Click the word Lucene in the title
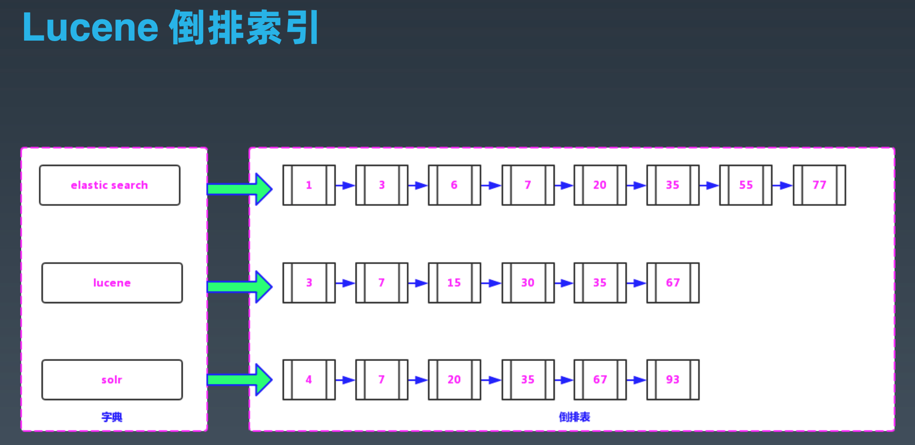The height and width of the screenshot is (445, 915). [90, 28]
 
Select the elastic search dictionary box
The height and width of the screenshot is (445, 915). [109, 185]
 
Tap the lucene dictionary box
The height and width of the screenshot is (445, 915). [112, 283]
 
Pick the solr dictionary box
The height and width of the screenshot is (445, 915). [112, 380]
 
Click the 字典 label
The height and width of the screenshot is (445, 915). [112, 417]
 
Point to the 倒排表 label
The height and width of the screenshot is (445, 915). [574, 417]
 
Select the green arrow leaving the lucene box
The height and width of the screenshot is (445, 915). [240, 287]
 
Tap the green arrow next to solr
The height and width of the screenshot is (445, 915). [240, 379]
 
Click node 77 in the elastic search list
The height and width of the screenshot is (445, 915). [819, 185]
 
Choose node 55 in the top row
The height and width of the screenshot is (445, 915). [746, 185]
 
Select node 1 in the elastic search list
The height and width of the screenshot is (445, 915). [309, 185]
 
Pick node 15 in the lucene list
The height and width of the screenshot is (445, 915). [454, 283]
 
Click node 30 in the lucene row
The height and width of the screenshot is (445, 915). [528, 283]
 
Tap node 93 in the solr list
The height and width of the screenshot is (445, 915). [673, 380]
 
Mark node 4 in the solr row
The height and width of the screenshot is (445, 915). [309, 380]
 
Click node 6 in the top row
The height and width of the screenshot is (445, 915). [454, 185]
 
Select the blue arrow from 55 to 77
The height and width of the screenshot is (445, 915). [783, 186]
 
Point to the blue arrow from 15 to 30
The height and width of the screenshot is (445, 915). [491, 283]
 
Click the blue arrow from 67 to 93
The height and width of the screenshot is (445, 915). [637, 380]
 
